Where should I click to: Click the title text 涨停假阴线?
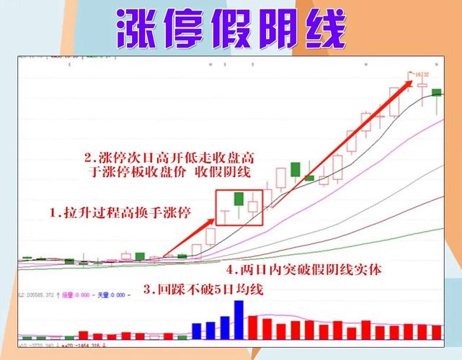pos(231,29)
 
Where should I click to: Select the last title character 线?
pos(321,29)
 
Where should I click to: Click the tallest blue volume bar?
pos(239,318)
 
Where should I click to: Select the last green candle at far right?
pos(436,92)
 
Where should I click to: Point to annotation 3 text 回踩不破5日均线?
pos(204,290)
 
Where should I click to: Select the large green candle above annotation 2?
pos(296,170)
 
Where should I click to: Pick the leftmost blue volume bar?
pos(197,330)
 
